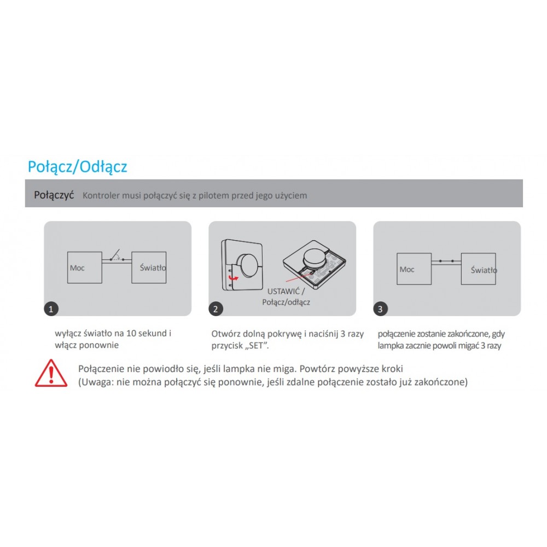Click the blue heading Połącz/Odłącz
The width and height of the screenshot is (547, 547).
pos(78,167)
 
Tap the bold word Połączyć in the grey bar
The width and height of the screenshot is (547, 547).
pos(54,195)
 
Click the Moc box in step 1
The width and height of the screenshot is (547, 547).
pos(84,267)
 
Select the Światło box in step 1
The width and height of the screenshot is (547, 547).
pos(149,267)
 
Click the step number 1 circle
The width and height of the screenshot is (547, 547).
pos(51,309)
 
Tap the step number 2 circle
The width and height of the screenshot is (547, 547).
pos(216,309)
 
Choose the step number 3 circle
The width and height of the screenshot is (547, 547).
pos(380,309)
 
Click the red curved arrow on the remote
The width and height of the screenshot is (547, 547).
pos(233,278)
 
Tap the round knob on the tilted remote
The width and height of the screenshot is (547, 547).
pos(315,257)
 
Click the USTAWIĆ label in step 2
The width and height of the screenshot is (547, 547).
pos(283,292)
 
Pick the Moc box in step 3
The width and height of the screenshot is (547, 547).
pos(414,269)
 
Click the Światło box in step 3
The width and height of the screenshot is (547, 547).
pos(479,269)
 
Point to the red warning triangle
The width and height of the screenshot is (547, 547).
pos(51,373)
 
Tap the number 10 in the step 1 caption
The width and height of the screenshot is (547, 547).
pos(131,333)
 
